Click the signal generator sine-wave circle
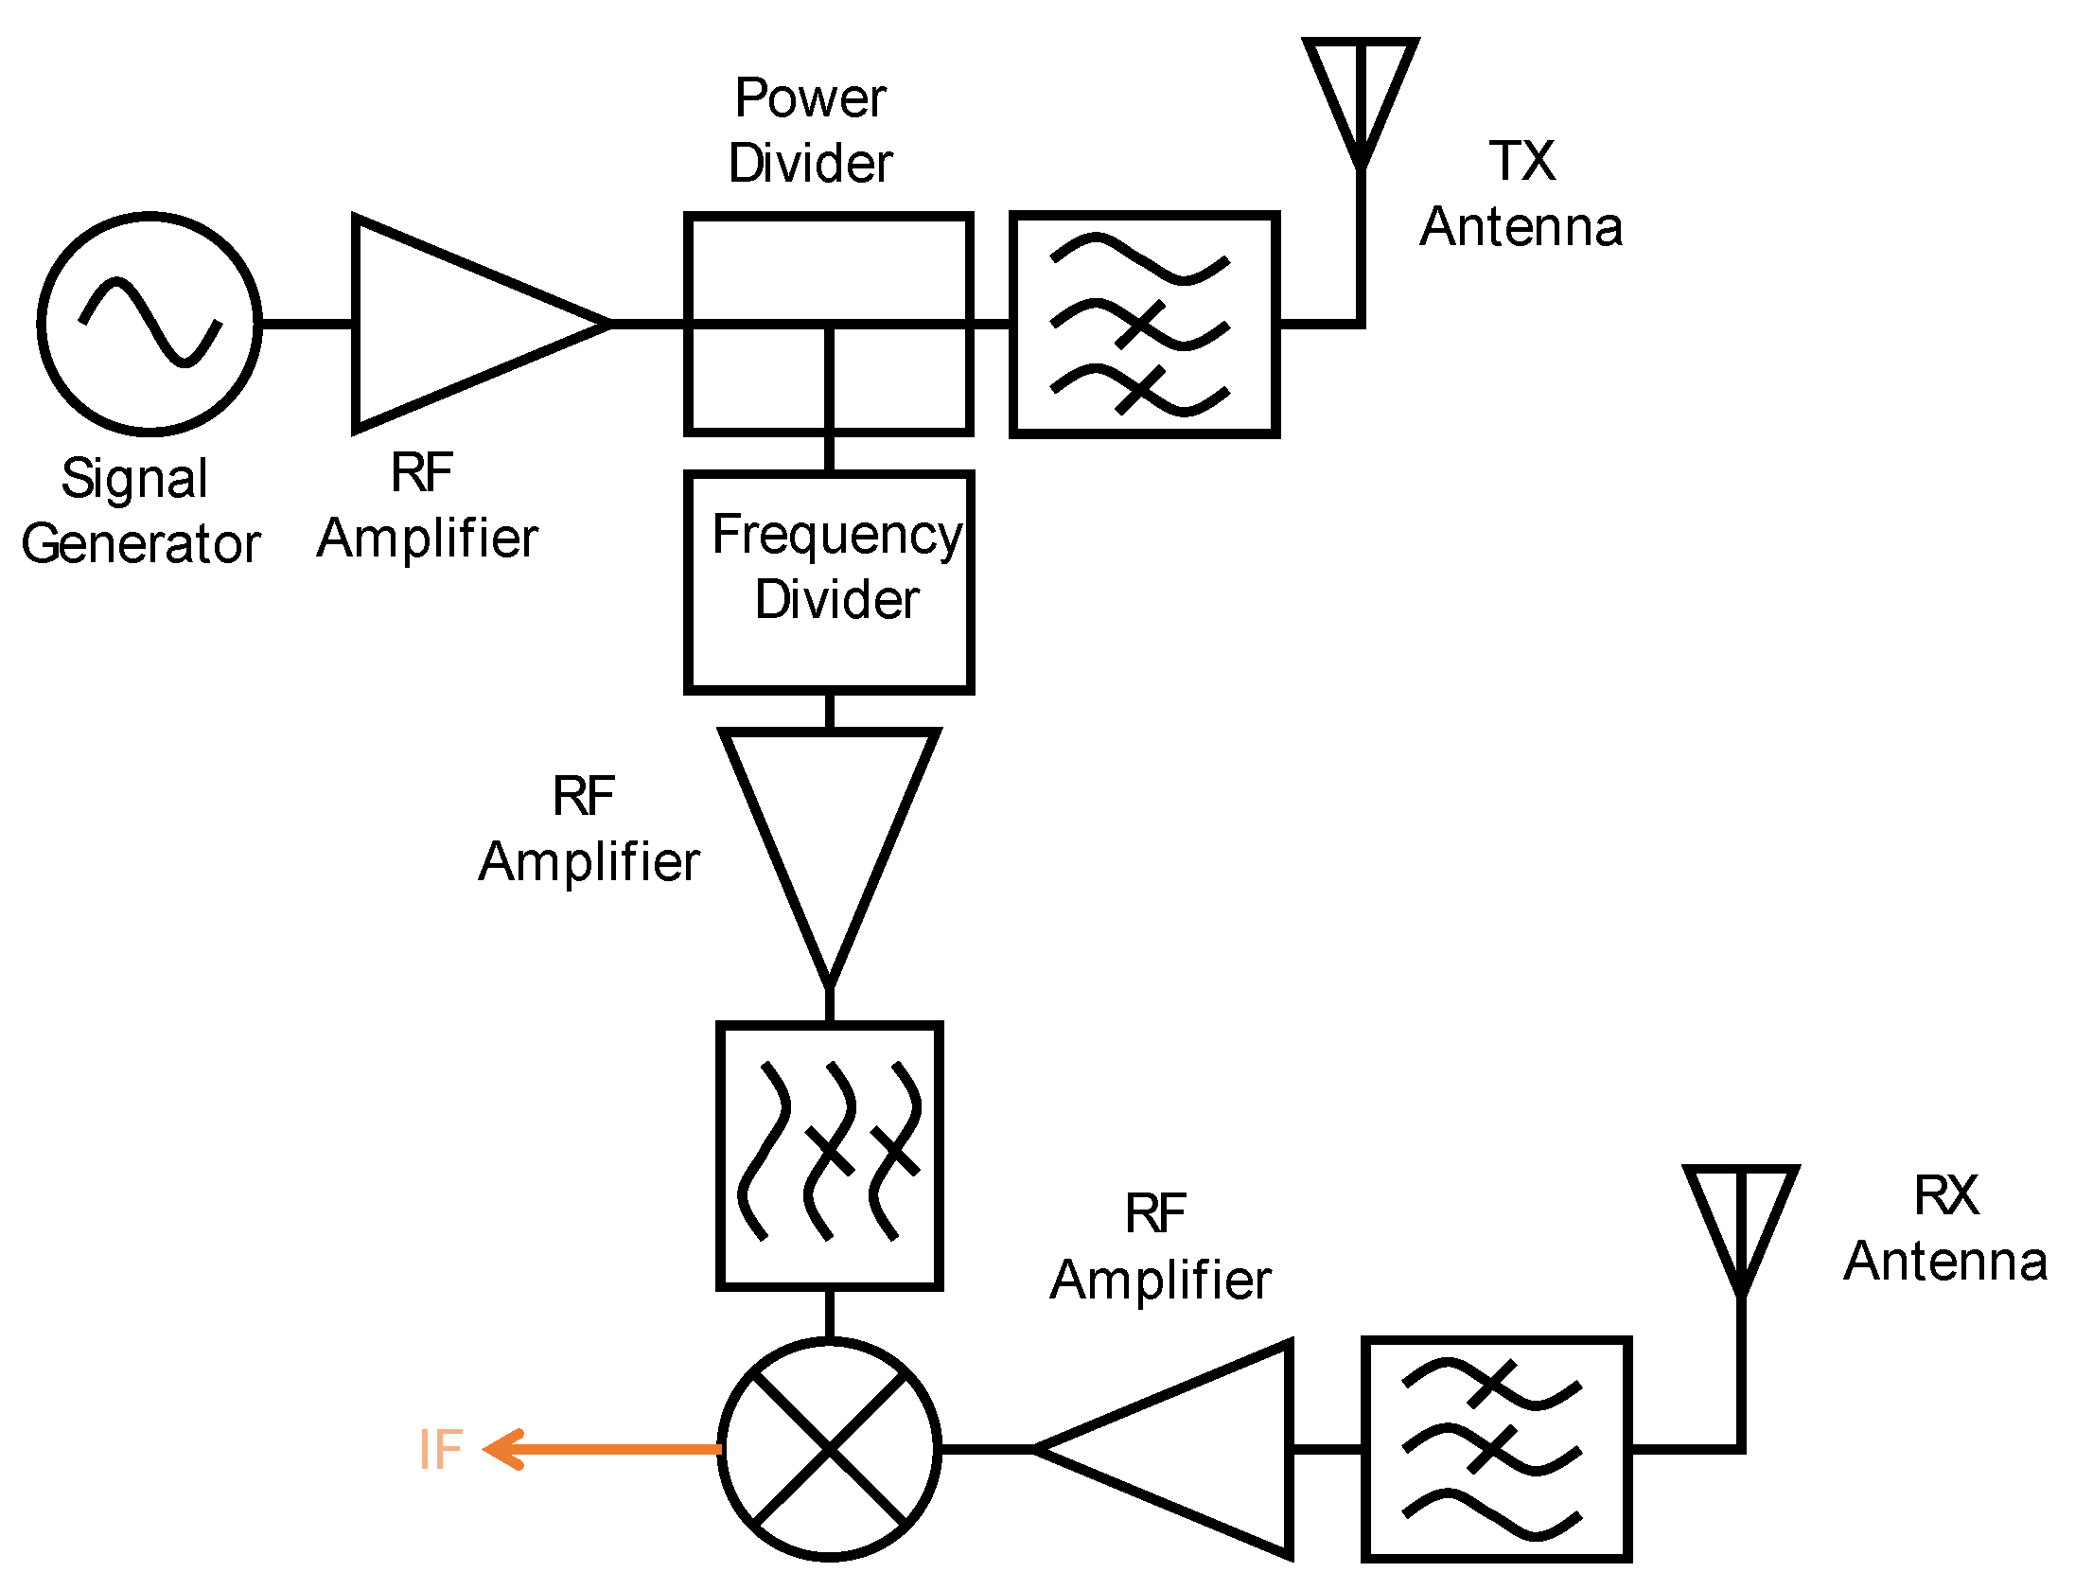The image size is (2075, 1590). [x=149, y=324]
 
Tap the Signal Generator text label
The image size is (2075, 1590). [x=140, y=511]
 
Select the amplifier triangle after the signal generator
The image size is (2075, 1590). [x=454, y=324]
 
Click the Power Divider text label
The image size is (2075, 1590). [x=810, y=131]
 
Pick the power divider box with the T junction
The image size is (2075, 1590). [x=829, y=324]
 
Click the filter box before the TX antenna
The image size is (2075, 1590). [x=1145, y=324]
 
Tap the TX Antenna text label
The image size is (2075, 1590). [x=1521, y=194]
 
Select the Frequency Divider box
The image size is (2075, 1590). [x=829, y=582]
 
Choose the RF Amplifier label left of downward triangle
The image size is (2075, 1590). [x=589, y=828]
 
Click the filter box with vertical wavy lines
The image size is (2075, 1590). [x=829, y=1155]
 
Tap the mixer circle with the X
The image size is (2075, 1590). [x=829, y=1449]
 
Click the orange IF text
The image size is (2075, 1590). [x=441, y=1449]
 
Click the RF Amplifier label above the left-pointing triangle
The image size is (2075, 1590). [x=1160, y=1247]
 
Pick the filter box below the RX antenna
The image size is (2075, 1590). [x=1496, y=1449]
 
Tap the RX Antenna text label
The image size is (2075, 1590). [x=1945, y=1228]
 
